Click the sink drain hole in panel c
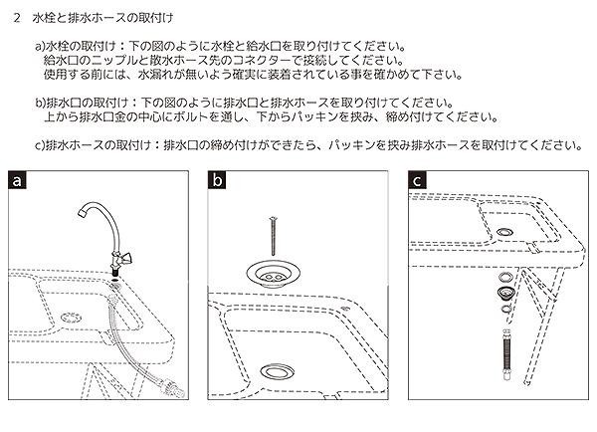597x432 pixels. click(x=506, y=230)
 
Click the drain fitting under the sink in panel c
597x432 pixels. click(x=503, y=293)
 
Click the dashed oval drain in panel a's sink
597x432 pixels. click(x=71, y=318)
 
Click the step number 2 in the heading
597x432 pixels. click(x=18, y=18)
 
